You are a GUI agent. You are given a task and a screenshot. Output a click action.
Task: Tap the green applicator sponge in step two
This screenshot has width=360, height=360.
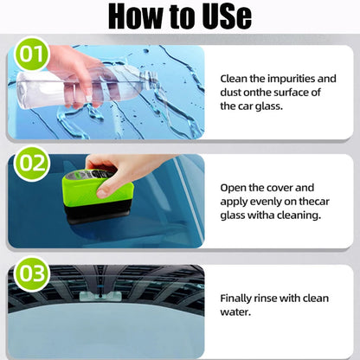tap(99, 195)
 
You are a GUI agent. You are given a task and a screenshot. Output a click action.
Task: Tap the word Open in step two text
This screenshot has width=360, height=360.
tap(235, 187)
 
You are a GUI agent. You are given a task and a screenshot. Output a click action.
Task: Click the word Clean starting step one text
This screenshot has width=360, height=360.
tap(236, 78)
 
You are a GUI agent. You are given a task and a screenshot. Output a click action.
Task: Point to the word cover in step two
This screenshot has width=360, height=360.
tap(296, 187)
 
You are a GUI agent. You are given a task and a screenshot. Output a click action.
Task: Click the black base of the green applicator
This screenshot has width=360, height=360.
tap(100, 219)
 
